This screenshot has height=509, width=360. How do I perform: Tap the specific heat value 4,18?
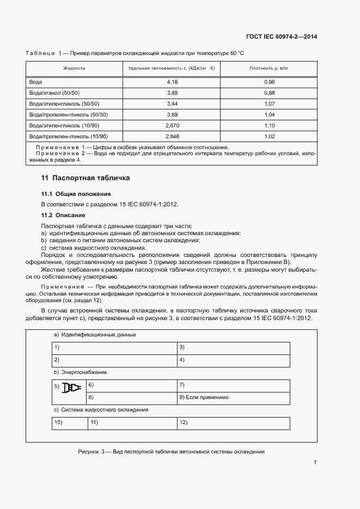click(172, 82)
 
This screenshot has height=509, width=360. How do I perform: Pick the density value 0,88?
click(269, 93)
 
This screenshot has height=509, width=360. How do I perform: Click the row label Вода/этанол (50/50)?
click(54, 93)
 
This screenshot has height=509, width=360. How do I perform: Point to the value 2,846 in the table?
click(172, 136)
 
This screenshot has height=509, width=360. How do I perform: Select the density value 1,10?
click(269, 125)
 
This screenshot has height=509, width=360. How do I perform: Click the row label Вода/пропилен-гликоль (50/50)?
click(69, 114)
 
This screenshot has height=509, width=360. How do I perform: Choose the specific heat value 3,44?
click(172, 103)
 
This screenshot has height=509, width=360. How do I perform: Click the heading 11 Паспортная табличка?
click(86, 178)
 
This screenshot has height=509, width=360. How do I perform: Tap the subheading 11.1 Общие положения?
click(76, 194)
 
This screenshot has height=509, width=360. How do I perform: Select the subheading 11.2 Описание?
click(63, 215)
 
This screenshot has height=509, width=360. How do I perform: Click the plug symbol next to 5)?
click(71, 388)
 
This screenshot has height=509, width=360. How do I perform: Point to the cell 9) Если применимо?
click(204, 397)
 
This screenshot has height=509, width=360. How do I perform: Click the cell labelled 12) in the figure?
click(184, 422)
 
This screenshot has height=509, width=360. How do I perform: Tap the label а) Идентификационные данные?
click(94, 334)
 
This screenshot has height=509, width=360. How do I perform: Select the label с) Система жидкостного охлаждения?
click(101, 409)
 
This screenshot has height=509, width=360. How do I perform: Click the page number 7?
click(315, 463)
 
